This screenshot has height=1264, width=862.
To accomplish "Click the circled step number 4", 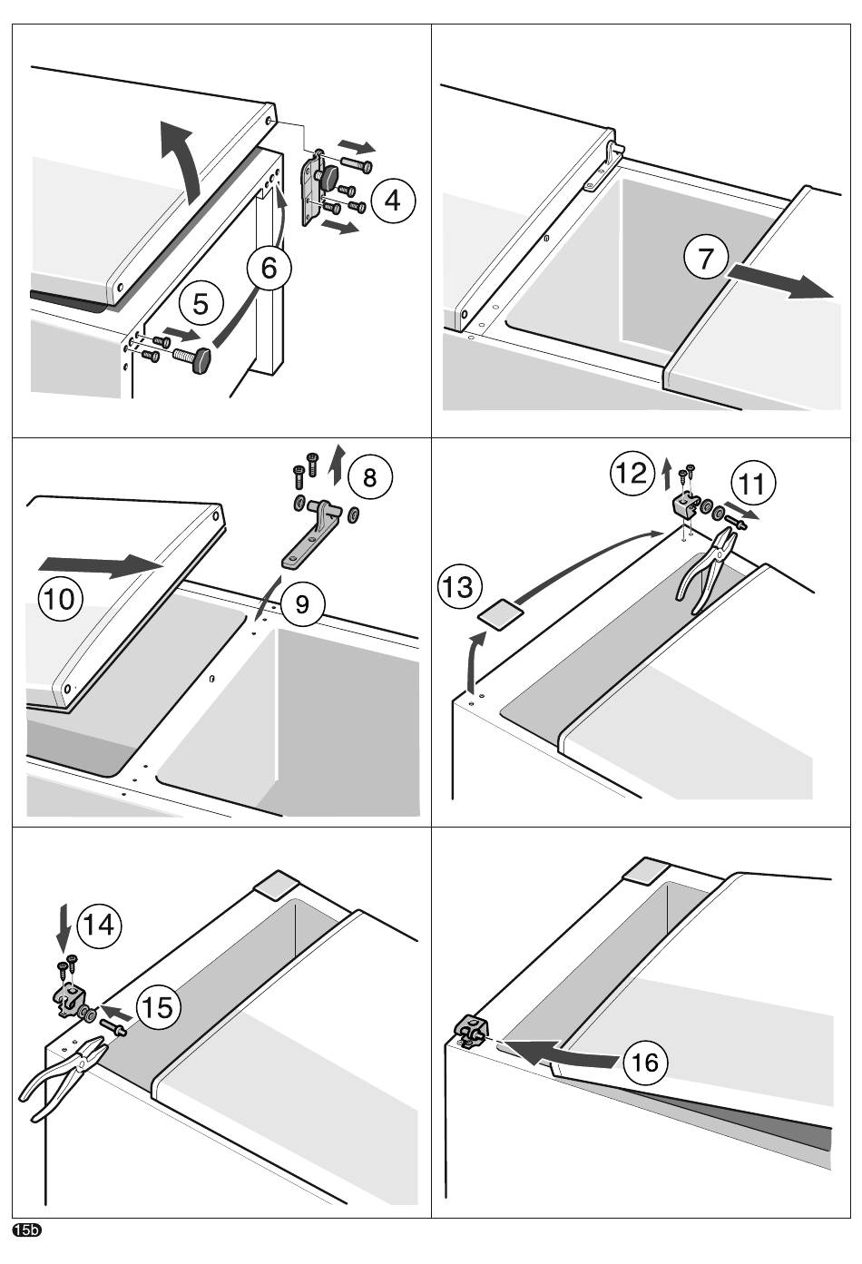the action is coord(393,200).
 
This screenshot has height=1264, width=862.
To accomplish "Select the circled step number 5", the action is coord(201,304).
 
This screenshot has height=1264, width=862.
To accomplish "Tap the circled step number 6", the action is coord(269,268).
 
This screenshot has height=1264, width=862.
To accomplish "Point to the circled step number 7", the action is coord(706,258).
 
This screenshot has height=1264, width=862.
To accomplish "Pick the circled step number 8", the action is coord(369,477).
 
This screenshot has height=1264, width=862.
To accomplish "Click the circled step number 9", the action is coord(302,604).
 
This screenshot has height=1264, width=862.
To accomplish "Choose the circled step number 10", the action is coord(61,598).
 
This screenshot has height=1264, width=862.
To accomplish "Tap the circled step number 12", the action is coord(632,473).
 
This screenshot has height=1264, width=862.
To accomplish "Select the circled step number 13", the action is coord(459,587).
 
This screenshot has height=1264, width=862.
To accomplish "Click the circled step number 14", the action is coord(99,926).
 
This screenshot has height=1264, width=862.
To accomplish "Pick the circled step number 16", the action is coord(645,1063).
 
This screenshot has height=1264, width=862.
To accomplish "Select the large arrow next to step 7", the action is coord(779,280).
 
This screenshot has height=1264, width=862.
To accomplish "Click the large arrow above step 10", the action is coord(101,565).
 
